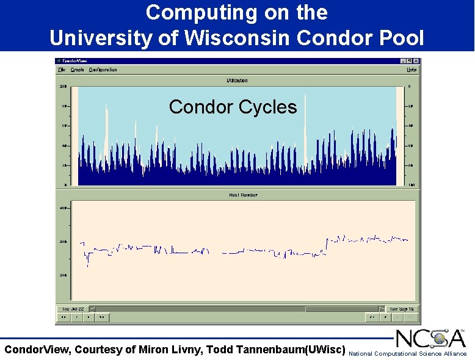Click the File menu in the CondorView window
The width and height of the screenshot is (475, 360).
pos(62,70)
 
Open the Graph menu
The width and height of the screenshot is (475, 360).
pos(77,70)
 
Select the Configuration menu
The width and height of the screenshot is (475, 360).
pos(103,70)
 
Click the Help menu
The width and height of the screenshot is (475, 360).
pos(412,70)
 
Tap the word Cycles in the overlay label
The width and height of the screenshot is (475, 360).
pos(269,107)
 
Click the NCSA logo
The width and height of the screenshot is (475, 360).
pos(430,339)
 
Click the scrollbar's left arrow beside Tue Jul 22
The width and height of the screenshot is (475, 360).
pos(93,309)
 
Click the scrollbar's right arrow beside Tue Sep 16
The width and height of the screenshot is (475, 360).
pos(382,309)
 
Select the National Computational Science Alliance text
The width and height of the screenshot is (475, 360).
pos(407,354)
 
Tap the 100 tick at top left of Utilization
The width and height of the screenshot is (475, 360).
pos(62,87)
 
